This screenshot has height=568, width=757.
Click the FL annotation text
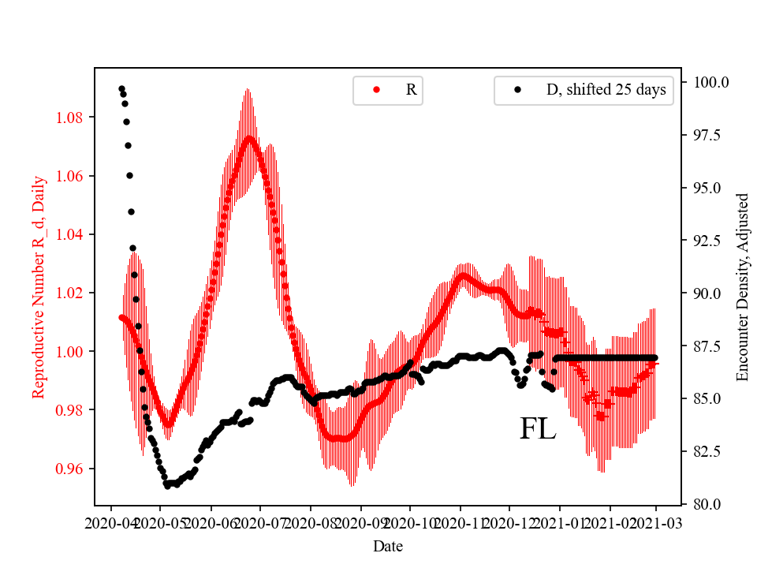[538, 429]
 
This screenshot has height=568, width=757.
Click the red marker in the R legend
[376, 90]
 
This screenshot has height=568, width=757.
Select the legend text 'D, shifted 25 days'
[606, 90]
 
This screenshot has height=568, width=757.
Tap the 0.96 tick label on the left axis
[73, 469]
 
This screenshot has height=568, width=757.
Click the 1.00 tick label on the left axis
[73, 351]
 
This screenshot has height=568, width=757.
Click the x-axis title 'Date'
[386, 545]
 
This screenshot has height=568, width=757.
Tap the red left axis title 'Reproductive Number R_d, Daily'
[39, 287]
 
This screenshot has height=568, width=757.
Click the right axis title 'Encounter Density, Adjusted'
[742, 287]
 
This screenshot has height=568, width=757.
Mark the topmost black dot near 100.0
[121, 88]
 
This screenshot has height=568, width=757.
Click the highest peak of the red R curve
[249, 138]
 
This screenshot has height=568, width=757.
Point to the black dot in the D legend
[518, 90]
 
